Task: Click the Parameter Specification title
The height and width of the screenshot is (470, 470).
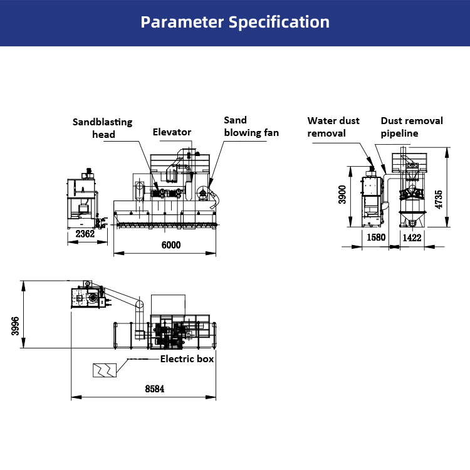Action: (235, 23)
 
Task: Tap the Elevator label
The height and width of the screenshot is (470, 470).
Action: (172, 132)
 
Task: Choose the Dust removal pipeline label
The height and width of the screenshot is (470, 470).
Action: (411, 127)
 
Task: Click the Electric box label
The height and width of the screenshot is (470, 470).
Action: (187, 359)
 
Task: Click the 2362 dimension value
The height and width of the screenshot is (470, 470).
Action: (85, 234)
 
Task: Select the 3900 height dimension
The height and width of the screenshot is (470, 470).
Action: (342, 195)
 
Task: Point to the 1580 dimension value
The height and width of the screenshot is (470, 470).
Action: (375, 238)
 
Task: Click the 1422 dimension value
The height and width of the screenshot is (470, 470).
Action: (412, 238)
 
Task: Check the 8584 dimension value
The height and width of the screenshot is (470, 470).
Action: (155, 389)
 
